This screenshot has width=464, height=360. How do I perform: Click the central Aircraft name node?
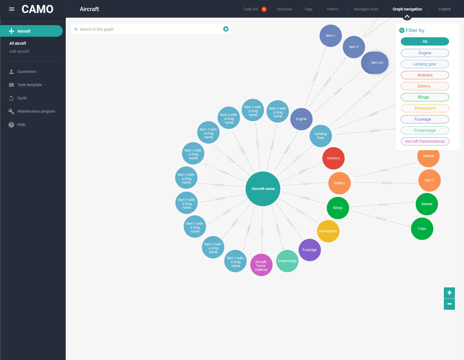(x=263, y=189)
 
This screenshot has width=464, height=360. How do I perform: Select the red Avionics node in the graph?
(x=333, y=158)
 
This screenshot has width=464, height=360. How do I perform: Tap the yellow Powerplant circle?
(x=328, y=231)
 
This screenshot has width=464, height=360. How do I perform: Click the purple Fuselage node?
(x=310, y=250)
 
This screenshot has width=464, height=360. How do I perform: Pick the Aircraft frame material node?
(x=261, y=265)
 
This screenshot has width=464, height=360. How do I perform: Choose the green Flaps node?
(x=422, y=229)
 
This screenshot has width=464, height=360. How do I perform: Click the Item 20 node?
(x=377, y=63)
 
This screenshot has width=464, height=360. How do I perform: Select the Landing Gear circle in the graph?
(x=321, y=136)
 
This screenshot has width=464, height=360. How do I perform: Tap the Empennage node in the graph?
(x=287, y=261)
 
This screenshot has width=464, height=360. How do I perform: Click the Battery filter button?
(x=425, y=86)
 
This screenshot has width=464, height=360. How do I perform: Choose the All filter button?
(x=425, y=41)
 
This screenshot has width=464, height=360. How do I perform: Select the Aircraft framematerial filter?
(x=425, y=141)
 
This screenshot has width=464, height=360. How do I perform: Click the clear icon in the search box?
(x=226, y=29)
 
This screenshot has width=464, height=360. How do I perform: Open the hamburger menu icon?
(x=12, y=9)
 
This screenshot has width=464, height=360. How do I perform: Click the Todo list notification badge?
(x=264, y=9)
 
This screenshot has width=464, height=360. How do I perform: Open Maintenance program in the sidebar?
(x=36, y=111)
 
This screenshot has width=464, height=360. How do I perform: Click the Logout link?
(x=444, y=9)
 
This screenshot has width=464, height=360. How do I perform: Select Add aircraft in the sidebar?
(x=19, y=51)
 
